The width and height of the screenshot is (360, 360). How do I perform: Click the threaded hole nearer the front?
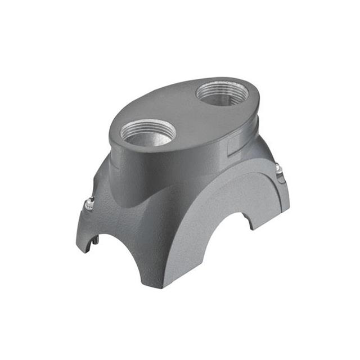pyautogui.click(x=148, y=133)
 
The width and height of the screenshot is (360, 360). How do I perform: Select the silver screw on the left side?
pyautogui.click(x=88, y=205)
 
